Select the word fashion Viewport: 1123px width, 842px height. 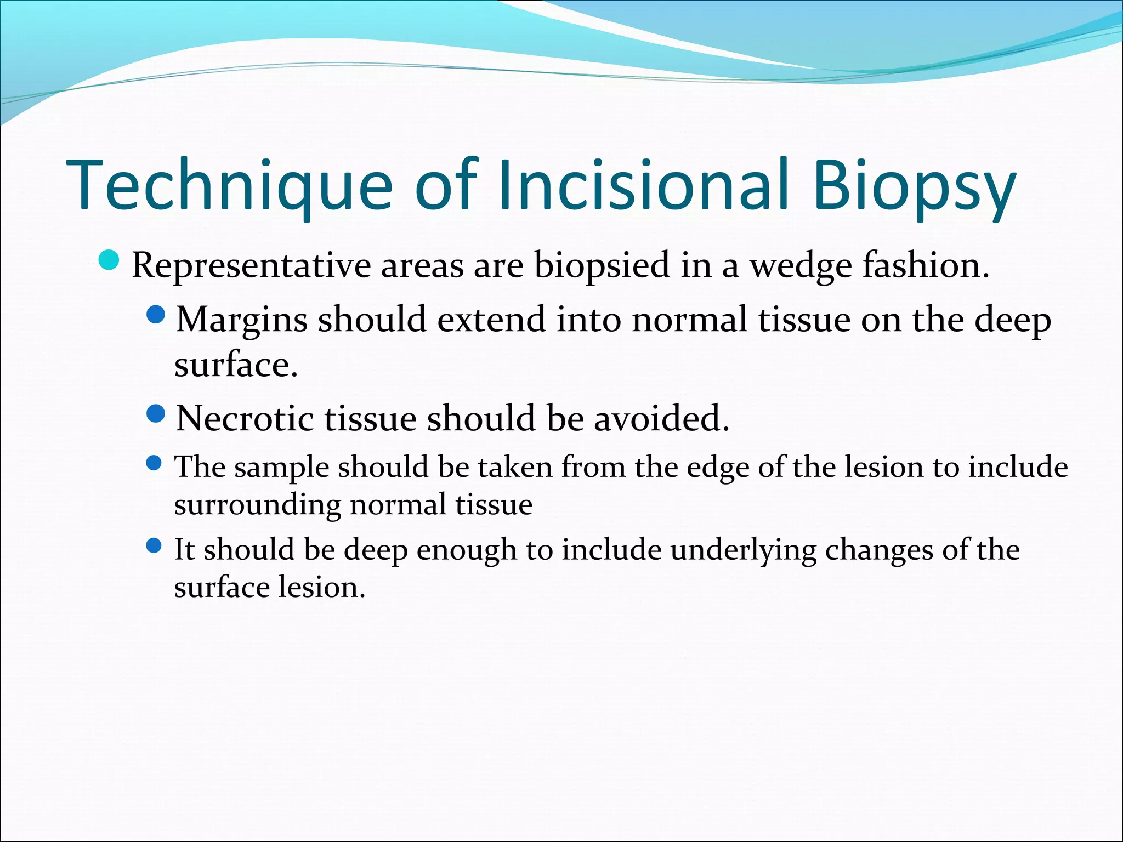click(x=926, y=265)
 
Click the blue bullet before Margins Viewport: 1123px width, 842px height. click(x=156, y=315)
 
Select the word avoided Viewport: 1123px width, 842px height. click(x=661, y=418)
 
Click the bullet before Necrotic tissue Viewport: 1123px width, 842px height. click(x=156, y=414)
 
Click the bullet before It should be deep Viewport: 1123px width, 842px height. click(x=155, y=545)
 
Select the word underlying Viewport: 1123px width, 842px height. click(x=743, y=550)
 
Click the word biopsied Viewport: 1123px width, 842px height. click(x=602, y=265)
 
